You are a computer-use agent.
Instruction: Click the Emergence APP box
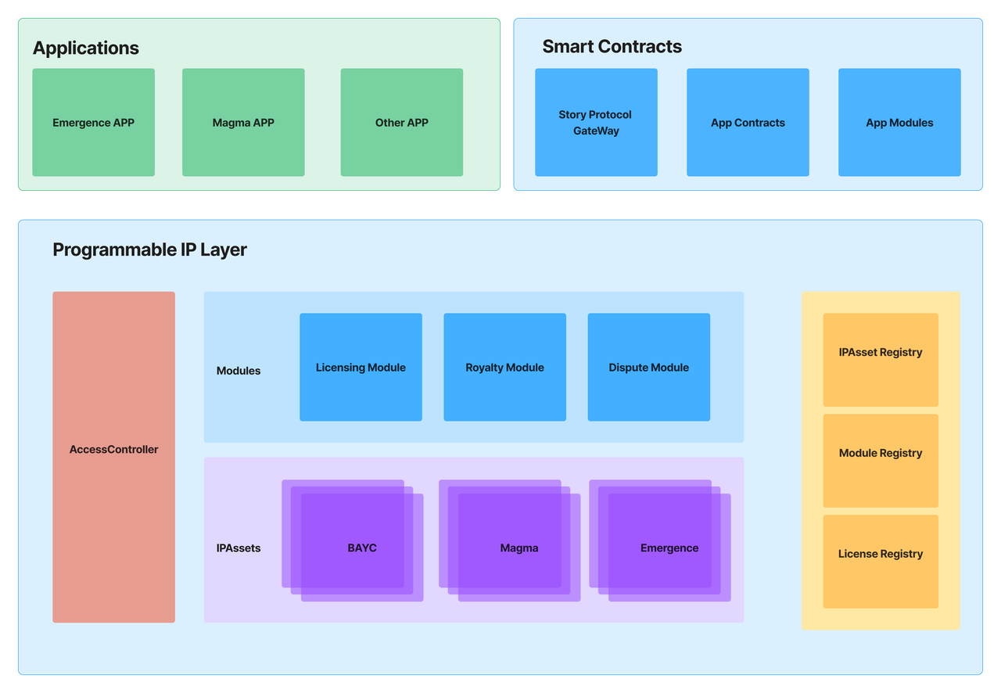pos(93,123)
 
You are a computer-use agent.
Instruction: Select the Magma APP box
pos(243,123)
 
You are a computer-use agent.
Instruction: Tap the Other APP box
pos(401,123)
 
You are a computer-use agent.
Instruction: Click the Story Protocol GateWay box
pos(596,123)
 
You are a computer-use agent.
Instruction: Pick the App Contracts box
pos(748,123)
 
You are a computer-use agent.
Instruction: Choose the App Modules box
pos(899,123)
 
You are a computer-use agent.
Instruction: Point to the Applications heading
pos(86,48)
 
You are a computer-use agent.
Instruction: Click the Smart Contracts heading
pos(612,47)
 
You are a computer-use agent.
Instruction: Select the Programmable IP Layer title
pos(149,250)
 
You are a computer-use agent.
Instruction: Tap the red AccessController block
pos(113,450)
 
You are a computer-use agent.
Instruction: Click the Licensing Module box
pos(361,368)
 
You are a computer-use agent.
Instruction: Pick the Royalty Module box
pos(504,368)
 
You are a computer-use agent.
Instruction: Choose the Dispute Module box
pos(648,368)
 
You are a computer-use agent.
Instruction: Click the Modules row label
pos(239,371)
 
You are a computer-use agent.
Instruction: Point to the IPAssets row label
pos(239,548)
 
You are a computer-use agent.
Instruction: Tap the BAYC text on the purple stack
pos(362,548)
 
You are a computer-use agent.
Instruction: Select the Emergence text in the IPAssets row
pos(669,548)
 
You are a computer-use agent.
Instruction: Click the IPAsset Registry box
pos(881,353)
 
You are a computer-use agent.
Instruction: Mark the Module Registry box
pos(881,454)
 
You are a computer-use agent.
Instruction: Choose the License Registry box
pos(881,555)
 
